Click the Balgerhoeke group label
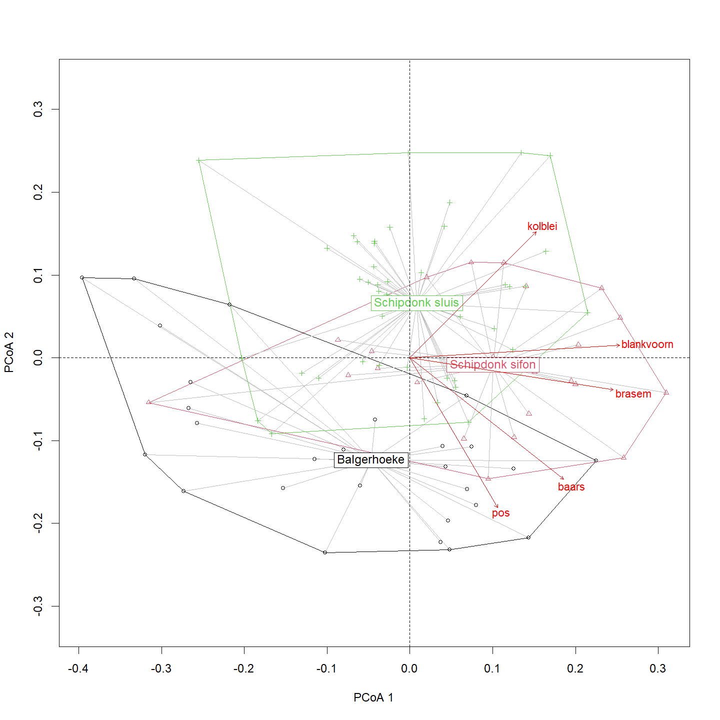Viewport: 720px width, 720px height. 370,460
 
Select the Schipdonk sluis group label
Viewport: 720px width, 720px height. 416,303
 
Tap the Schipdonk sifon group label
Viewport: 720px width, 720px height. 492,365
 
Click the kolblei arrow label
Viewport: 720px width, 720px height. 542,226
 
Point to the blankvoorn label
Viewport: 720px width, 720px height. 647,344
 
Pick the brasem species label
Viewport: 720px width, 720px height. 633,394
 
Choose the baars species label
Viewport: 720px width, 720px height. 571,487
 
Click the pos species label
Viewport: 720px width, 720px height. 500,513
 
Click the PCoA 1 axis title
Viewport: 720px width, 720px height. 373,697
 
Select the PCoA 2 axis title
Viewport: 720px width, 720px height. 9,352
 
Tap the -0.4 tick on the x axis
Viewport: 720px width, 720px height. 78,668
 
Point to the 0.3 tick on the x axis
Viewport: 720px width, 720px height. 658,668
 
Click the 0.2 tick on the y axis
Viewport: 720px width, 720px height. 38,192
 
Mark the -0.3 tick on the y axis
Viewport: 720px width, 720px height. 38,606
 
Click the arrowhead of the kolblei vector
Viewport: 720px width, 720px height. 535,232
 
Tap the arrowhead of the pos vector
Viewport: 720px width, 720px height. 497,507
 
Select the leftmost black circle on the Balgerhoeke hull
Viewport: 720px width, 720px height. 82,277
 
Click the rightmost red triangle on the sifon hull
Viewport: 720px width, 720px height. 666,392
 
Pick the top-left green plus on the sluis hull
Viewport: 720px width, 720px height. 198,160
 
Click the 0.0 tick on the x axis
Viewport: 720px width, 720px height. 409,668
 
